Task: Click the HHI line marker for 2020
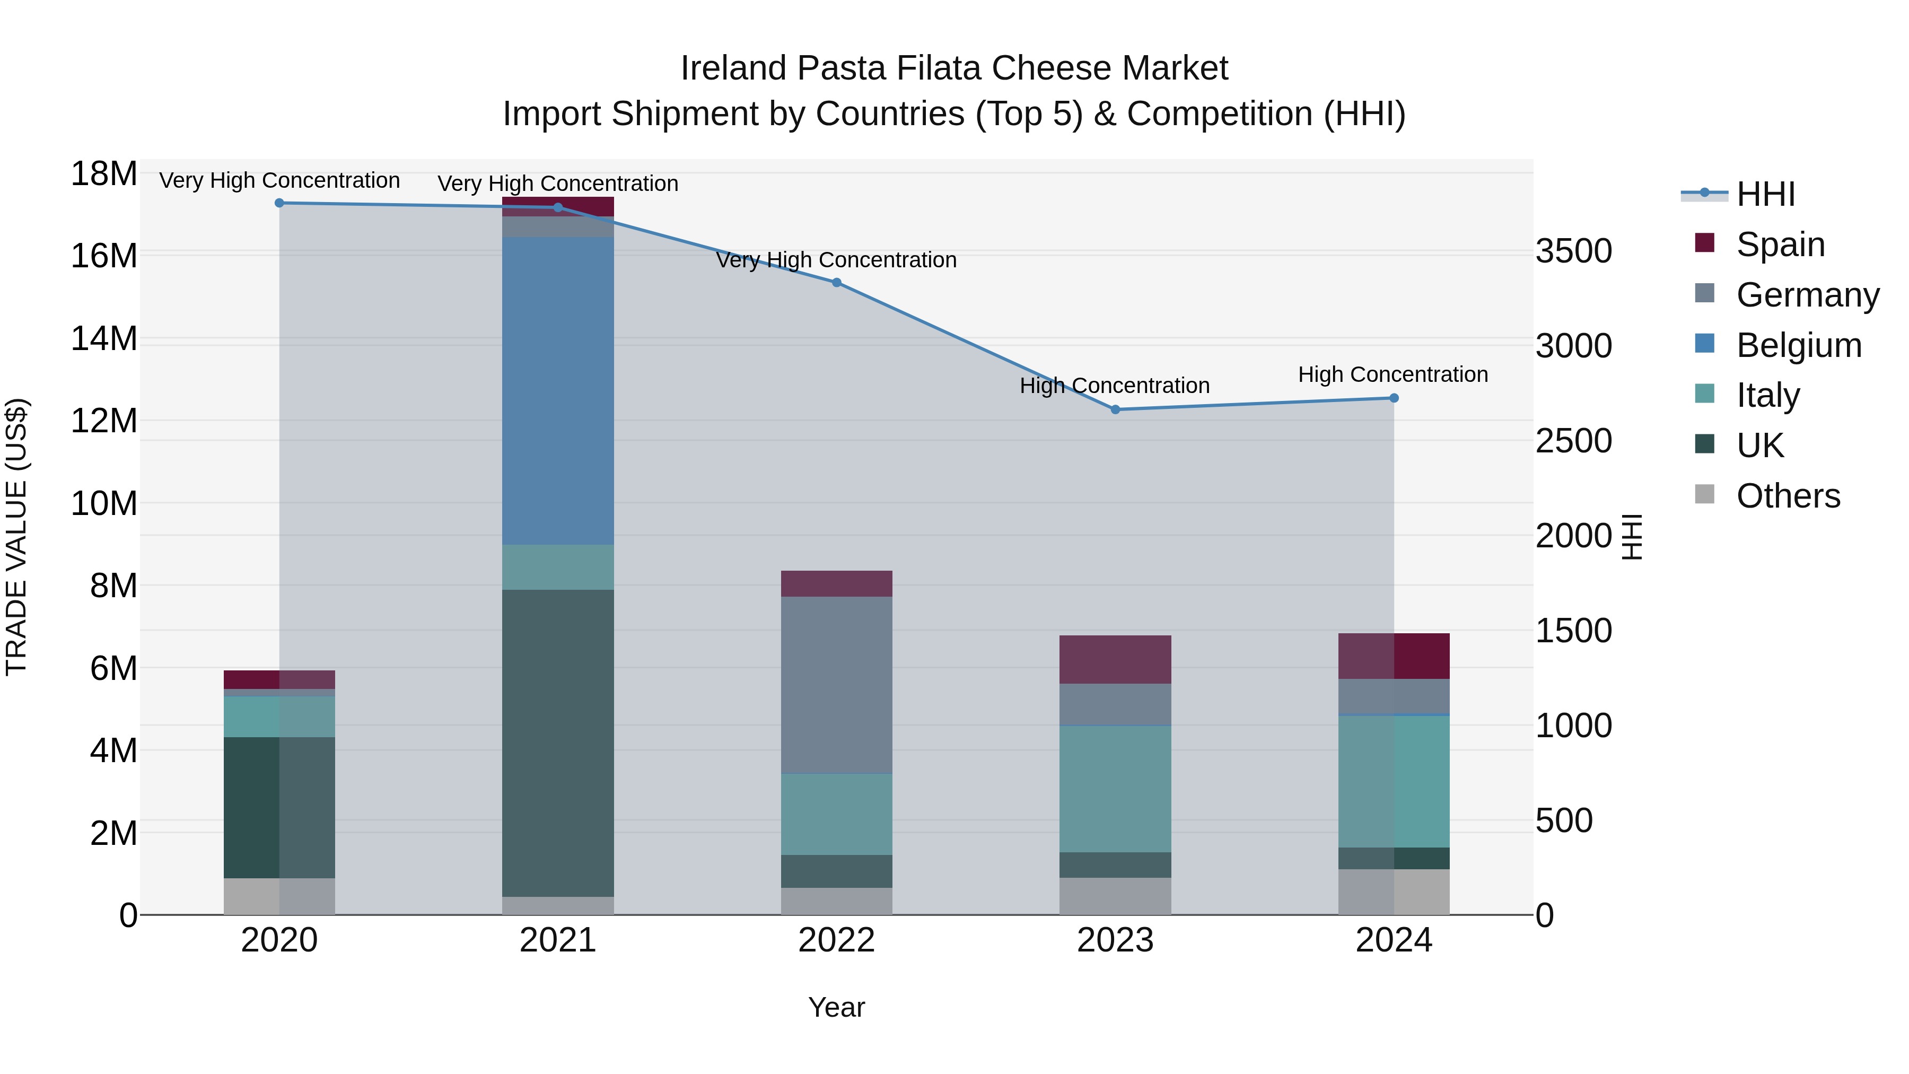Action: pyautogui.click(x=279, y=203)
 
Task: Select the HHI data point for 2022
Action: pyautogui.click(x=837, y=282)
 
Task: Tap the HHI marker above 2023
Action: pyautogui.click(x=1115, y=409)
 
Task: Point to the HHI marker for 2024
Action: pyautogui.click(x=1394, y=398)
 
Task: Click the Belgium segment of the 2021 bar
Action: pyautogui.click(x=558, y=390)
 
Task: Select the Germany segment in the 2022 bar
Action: pyautogui.click(x=837, y=685)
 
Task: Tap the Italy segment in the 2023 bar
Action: pyautogui.click(x=1115, y=789)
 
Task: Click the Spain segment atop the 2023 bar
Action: pyautogui.click(x=1115, y=659)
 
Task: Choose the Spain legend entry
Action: pyautogui.click(x=1780, y=244)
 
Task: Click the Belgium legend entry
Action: pyautogui.click(x=1799, y=345)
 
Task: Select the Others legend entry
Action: pyautogui.click(x=1788, y=496)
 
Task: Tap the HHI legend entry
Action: pyautogui.click(x=1765, y=194)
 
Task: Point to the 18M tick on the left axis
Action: pyautogui.click(x=104, y=174)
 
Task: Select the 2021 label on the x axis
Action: pyautogui.click(x=558, y=940)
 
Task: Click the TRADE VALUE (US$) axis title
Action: pyautogui.click(x=16, y=537)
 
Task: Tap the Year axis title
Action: pyautogui.click(x=837, y=1007)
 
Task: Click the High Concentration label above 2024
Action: pyautogui.click(x=1393, y=374)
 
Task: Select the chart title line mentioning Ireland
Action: pyautogui.click(x=954, y=68)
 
